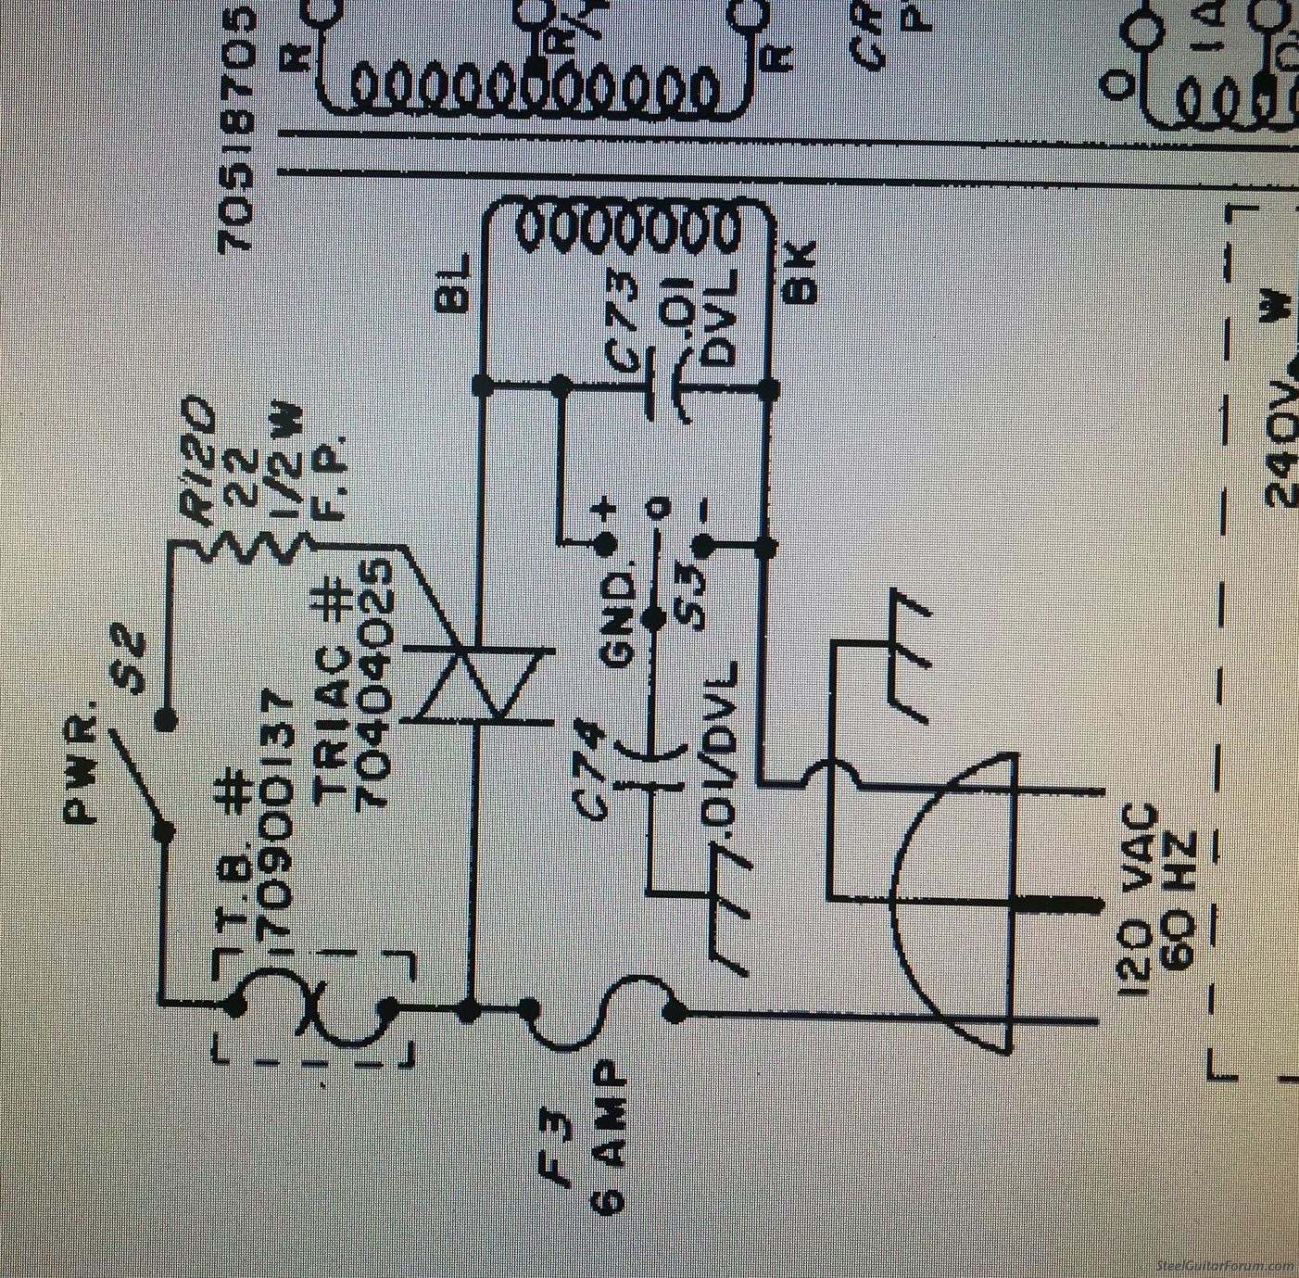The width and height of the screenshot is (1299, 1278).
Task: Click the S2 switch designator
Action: click(134, 662)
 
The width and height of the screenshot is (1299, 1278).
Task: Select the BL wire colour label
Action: click(456, 282)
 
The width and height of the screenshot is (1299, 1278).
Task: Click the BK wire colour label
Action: click(801, 272)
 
